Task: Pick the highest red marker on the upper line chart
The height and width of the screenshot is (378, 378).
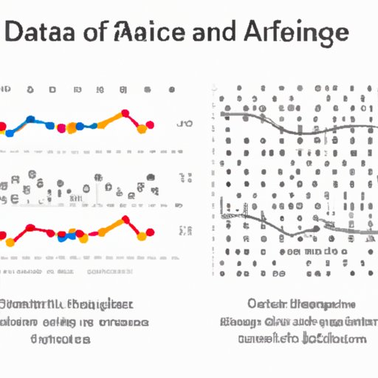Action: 126,113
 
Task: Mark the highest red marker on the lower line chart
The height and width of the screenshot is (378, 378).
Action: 126,219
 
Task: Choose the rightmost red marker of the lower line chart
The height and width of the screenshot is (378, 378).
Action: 151,233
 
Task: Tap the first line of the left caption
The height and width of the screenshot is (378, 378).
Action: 66,304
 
